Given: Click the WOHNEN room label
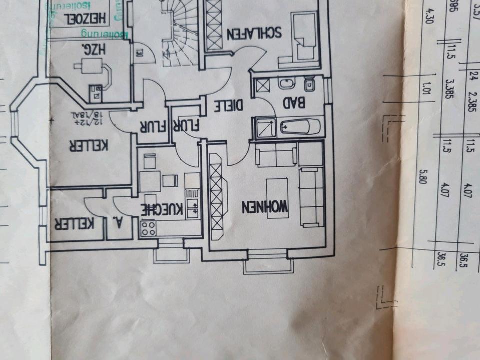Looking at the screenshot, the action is coord(265,206).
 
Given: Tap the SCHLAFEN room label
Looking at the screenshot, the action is coord(255,33).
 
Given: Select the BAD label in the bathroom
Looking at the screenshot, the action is coord(294,104).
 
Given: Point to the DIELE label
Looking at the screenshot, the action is coord(229,105).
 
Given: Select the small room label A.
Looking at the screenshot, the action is coord(120,223).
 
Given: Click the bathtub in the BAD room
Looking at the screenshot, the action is coord(299,127).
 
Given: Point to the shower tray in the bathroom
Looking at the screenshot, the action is coord(265,127).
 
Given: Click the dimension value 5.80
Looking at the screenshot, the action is coord(424,178).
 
